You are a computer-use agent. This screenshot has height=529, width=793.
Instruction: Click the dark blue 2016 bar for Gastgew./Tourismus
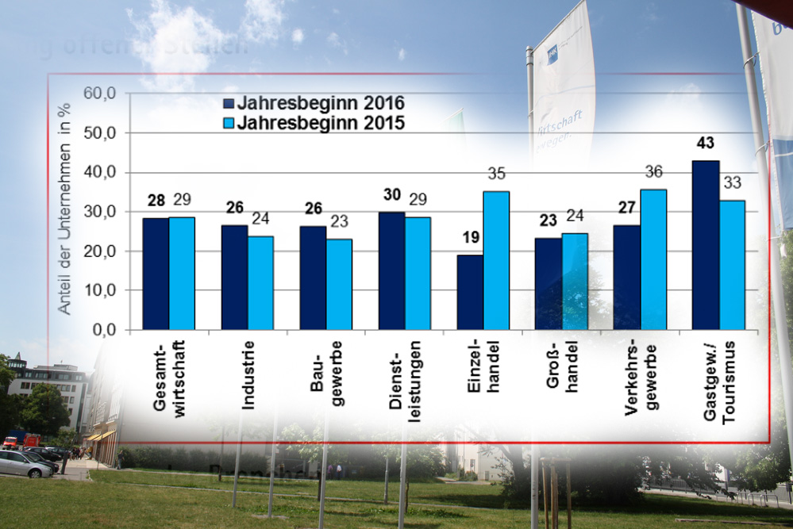pyautogui.click(x=706, y=245)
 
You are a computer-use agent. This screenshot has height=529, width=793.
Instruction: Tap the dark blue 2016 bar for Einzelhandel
pyautogui.click(x=470, y=292)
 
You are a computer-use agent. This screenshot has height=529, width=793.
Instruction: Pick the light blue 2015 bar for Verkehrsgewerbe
pyautogui.click(x=653, y=259)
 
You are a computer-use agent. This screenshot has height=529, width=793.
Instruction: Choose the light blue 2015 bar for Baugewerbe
pyautogui.click(x=339, y=284)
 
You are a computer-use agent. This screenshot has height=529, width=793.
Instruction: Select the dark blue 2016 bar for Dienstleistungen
pyautogui.click(x=391, y=270)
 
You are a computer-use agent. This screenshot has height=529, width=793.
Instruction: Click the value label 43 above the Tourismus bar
pyautogui.click(x=706, y=144)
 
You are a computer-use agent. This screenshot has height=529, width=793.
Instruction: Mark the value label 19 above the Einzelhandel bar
pyautogui.click(x=470, y=237)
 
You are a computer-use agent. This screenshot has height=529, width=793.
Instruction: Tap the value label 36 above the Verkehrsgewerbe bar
pyautogui.click(x=654, y=172)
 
